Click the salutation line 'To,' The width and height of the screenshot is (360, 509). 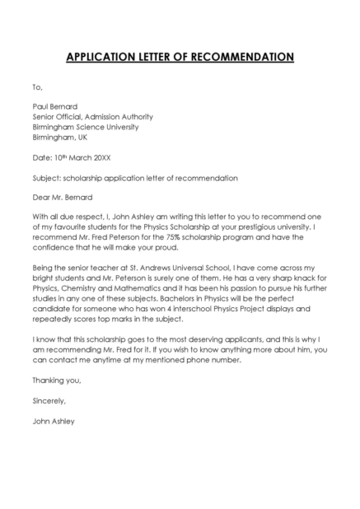pyautogui.click(x=37, y=86)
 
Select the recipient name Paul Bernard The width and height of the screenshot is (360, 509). pyautogui.click(x=54, y=106)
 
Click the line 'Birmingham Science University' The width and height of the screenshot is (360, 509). pyautogui.click(x=85, y=128)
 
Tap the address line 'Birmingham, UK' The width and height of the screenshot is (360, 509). pyautogui.click(x=61, y=138)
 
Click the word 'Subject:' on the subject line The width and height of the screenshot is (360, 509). pyautogui.click(x=46, y=178)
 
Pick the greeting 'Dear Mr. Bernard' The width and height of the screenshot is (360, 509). pyautogui.click(x=63, y=198)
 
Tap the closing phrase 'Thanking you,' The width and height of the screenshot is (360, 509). pyautogui.click(x=57, y=380)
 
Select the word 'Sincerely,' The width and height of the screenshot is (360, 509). pyautogui.click(x=49, y=400)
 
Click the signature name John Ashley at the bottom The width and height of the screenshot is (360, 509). pyautogui.click(x=54, y=420)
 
